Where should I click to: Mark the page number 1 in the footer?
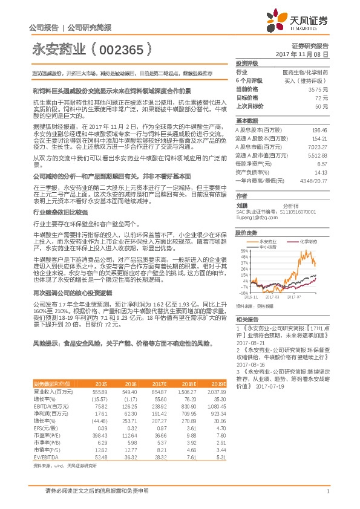coord(327,491)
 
